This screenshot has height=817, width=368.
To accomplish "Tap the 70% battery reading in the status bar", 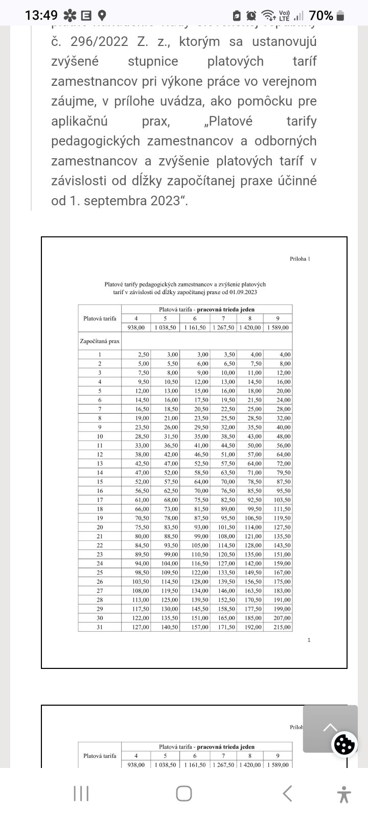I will pyautogui.click(x=321, y=15).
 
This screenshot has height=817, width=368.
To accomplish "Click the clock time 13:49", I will pyautogui.click(x=41, y=15).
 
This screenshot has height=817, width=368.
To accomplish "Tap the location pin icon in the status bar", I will pyautogui.click(x=102, y=15).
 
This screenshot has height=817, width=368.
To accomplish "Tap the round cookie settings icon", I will pyautogui.click(x=344, y=745).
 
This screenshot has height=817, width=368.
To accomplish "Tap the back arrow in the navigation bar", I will pyautogui.click(x=287, y=794).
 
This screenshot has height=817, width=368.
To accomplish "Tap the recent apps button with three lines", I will pyautogui.click(x=81, y=794).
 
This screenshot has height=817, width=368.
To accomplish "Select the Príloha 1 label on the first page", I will pyautogui.click(x=300, y=259).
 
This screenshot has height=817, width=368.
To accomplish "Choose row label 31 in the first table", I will pyautogui.click(x=100, y=627).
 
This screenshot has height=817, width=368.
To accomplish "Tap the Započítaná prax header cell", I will pyautogui.click(x=100, y=341).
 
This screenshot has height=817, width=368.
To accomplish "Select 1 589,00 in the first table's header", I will pyautogui.click(x=278, y=328).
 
